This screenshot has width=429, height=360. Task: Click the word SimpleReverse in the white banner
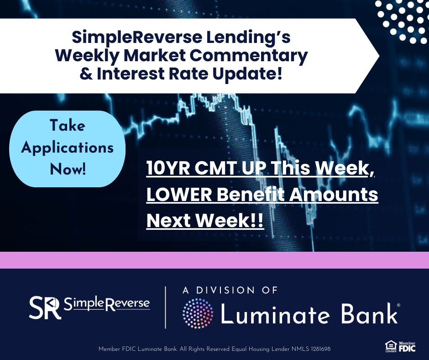[137, 37]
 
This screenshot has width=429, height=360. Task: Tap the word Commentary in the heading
[249, 56]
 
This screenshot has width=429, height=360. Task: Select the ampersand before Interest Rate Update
[86, 74]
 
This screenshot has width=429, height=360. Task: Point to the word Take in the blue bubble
[67, 126]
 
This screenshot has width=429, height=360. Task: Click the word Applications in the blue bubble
[67, 148]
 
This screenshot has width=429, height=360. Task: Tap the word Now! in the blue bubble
[68, 169]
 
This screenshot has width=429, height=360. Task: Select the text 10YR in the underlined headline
[168, 168]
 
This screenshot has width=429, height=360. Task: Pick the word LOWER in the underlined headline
[179, 195]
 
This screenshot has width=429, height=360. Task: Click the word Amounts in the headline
[334, 195]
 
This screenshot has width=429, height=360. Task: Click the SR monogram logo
[45, 307]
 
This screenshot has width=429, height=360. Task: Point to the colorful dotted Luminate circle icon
[198, 313]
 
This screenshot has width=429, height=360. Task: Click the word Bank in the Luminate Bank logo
[369, 313]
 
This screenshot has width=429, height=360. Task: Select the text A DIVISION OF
[230, 290]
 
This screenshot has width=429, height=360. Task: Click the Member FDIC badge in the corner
[407, 347]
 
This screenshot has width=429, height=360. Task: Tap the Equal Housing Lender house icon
[391, 346]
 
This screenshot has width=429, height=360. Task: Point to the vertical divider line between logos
[166, 307]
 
